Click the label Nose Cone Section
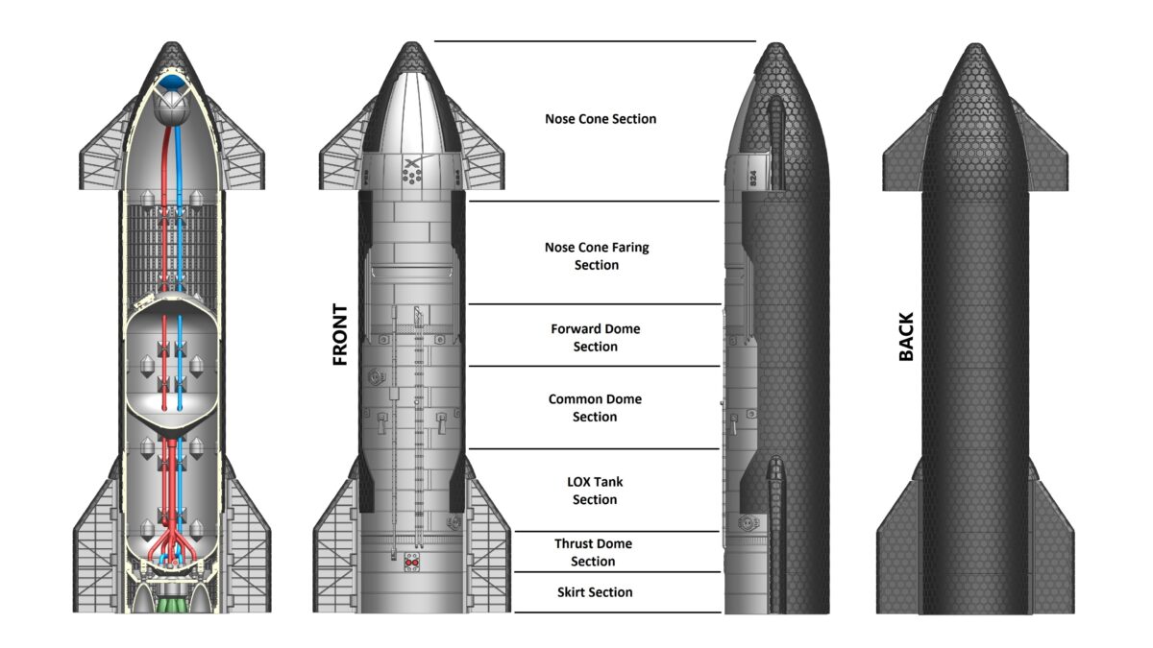tap(601, 119)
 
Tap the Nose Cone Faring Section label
tap(597, 255)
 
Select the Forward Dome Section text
tap(596, 337)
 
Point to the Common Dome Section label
tap(595, 407)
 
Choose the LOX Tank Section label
tap(595, 490)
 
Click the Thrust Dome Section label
tap(593, 552)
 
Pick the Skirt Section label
tap(595, 592)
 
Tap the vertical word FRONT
tap(339, 336)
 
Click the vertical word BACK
tap(906, 336)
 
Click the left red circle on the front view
tap(408, 564)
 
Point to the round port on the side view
tap(743, 524)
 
